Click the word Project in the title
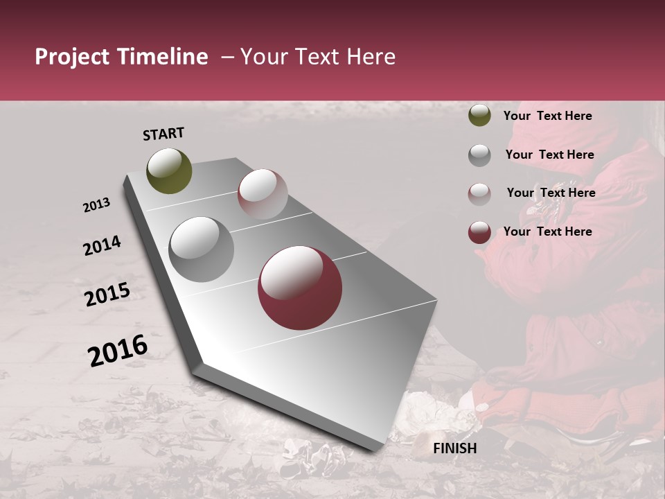[71, 58]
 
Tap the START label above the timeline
[163, 134]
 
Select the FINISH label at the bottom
[454, 448]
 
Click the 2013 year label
[96, 205]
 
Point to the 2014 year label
[102, 245]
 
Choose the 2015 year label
[107, 295]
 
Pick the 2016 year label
[118, 350]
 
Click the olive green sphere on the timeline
[170, 170]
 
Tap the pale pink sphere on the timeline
[263, 194]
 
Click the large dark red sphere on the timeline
[300, 288]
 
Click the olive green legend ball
[479, 115]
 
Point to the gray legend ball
[479, 155]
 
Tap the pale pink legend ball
[479, 193]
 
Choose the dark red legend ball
[479, 232]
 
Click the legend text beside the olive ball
[547, 116]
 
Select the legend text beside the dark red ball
[547, 231]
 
